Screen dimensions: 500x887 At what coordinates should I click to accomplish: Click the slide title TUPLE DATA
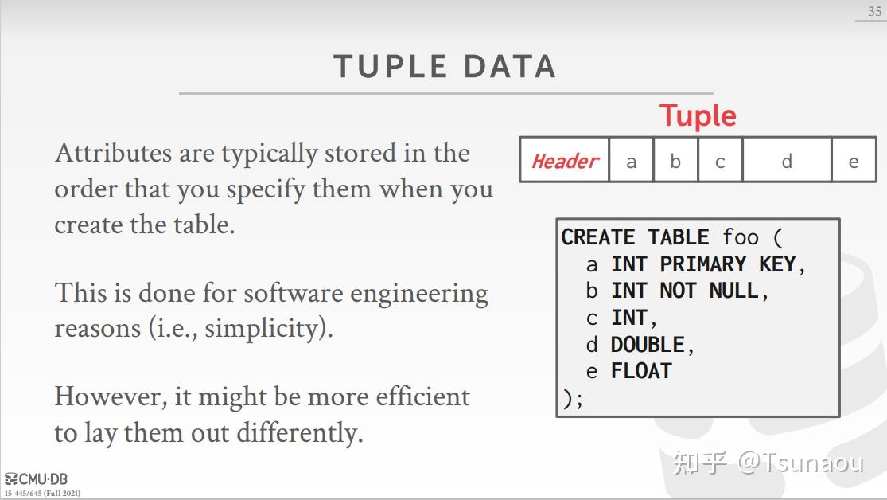[x=444, y=67]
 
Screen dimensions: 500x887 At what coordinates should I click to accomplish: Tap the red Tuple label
[x=698, y=116]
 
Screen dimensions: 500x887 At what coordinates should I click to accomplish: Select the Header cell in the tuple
[x=565, y=161]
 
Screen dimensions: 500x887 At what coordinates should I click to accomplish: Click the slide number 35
[x=874, y=12]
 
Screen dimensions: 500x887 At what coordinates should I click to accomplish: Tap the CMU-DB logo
[x=37, y=479]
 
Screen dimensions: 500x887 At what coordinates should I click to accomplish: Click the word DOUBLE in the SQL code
[x=647, y=345]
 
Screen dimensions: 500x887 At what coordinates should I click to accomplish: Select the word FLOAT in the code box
[x=640, y=371]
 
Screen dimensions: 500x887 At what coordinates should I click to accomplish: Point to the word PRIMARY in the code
[x=702, y=264]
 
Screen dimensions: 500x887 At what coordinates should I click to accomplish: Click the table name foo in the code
[x=741, y=237]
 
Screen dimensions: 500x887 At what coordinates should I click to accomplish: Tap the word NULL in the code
[x=733, y=291]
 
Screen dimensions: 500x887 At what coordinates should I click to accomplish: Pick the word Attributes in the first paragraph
[x=112, y=153]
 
